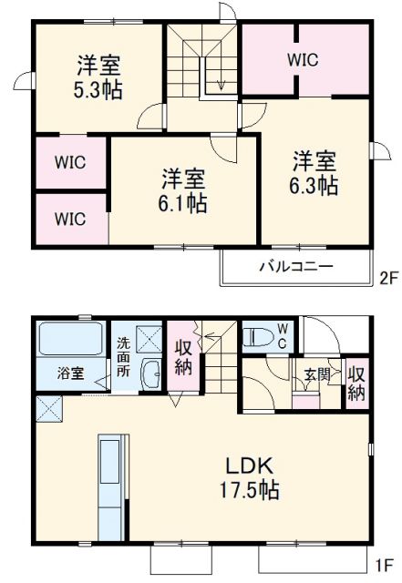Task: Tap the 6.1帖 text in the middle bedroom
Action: tap(184, 202)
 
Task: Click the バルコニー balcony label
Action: tap(294, 267)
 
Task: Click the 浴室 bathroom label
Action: tap(71, 372)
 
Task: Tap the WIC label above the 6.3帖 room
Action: tap(304, 60)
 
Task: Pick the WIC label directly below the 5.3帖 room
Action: tap(69, 162)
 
